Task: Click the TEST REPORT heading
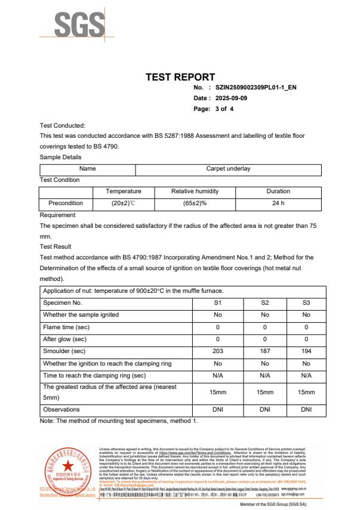(180, 77)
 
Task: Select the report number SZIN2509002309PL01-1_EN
(256, 87)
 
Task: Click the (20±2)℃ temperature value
(124, 203)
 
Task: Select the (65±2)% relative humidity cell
(195, 203)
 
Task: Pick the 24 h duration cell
(278, 203)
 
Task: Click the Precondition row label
(66, 203)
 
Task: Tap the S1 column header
(218, 302)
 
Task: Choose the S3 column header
(306, 302)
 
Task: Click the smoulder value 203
(218, 351)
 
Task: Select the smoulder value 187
(265, 351)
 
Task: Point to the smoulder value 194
(306, 351)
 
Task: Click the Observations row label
(61, 409)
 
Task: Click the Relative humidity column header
(195, 191)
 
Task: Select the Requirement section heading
(57, 215)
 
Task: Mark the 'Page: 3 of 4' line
(213, 109)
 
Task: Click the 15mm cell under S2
(265, 392)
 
